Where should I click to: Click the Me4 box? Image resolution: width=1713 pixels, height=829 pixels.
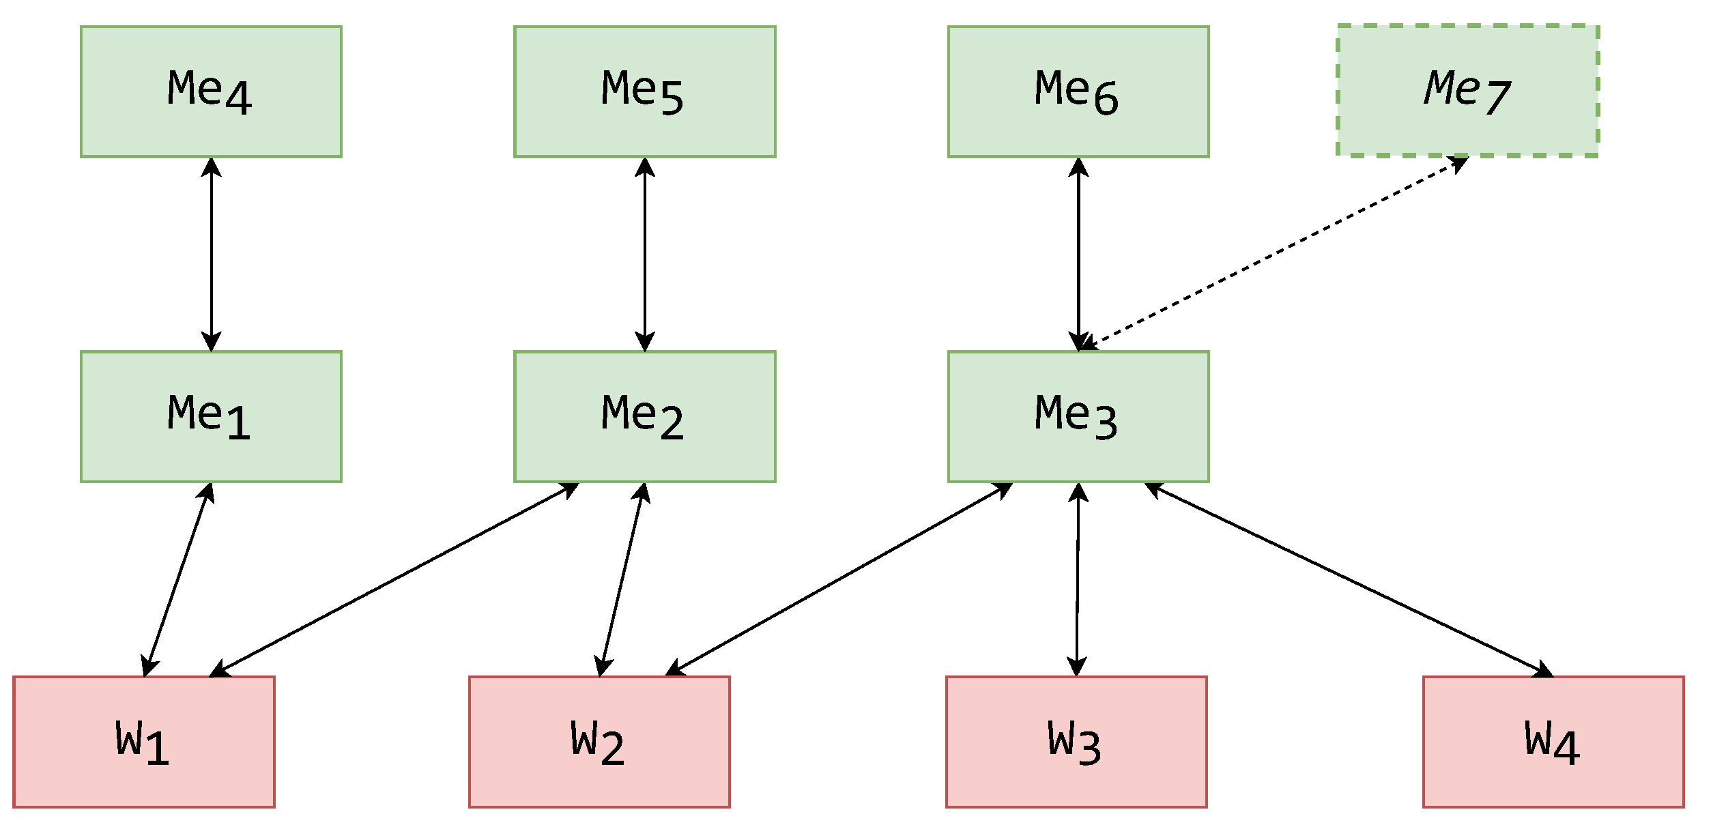pos(211,91)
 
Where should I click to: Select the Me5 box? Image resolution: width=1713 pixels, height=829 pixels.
pos(644,91)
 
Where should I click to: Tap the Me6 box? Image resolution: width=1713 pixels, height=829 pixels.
pos(1078,91)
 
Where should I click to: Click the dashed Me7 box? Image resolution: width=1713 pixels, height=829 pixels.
pos(1467,91)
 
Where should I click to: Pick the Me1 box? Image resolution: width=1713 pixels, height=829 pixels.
pos(211,417)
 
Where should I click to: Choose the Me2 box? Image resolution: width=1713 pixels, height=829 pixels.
pos(644,417)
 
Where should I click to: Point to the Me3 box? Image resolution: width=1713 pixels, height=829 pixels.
pos(1078,417)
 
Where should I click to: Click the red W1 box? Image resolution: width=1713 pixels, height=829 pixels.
pos(143,742)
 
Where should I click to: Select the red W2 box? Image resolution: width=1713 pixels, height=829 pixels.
pos(599,742)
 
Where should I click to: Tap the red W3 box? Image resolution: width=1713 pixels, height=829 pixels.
pos(1076,742)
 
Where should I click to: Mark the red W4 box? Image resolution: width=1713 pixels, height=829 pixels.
pos(1553,742)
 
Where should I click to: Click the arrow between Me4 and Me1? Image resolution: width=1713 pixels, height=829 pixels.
pos(211,254)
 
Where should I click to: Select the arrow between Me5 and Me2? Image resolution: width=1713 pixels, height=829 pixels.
pos(644,254)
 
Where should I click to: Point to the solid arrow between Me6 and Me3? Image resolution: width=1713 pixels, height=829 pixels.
pos(1078,254)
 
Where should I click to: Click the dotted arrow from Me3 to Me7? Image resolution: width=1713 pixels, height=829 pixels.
pos(1273,253)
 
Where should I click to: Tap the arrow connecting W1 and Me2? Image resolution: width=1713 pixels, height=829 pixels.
pos(394,580)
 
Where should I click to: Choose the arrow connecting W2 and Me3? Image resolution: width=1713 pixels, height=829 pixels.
pos(839,579)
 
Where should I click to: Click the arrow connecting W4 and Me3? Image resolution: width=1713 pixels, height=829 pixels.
pos(1349,580)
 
